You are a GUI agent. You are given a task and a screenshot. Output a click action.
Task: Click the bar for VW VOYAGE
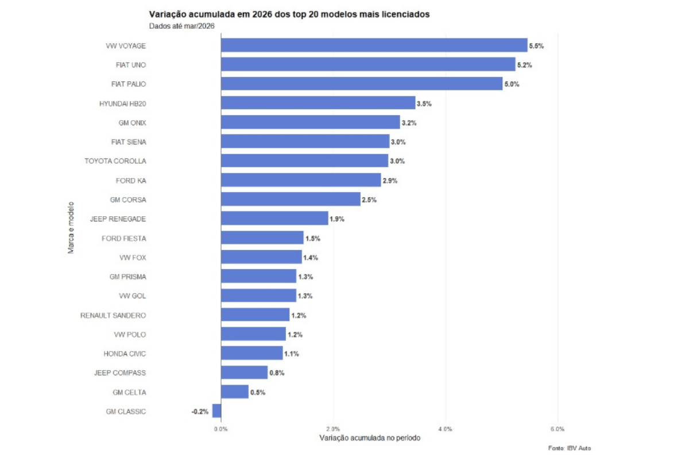pos(373,45)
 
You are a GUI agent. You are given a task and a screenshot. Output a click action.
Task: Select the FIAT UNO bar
pos(367,64)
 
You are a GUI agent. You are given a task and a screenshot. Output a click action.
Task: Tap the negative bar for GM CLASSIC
pos(216,411)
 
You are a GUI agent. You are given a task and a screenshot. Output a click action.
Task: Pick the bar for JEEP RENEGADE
pos(274,218)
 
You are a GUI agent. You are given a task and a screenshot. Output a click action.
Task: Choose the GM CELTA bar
pos(234,392)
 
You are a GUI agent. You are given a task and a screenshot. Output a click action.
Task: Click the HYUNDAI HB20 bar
pos(318,103)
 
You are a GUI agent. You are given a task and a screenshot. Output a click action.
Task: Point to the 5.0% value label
pos(512,85)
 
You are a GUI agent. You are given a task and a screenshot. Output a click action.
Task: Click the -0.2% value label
pos(200,412)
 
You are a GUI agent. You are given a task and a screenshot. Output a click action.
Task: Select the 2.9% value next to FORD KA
pos(390,181)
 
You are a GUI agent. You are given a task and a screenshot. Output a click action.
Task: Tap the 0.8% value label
pos(277,373)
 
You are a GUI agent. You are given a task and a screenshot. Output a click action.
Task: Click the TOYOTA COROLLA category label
pos(115,161)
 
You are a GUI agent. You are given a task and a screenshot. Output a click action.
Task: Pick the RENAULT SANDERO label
pos(113,315)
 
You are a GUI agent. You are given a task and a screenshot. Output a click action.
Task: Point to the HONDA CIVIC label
pos(125,354)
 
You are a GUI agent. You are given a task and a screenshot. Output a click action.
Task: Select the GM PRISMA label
pos(127,277)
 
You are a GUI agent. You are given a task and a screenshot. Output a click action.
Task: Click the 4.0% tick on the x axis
pos(445,429)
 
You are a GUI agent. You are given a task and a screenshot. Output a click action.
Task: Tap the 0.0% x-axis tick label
pos(220,429)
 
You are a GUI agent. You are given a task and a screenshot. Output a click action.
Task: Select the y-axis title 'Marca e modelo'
pos(71,227)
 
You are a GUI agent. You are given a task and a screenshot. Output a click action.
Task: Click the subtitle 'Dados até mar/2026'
pos(181,25)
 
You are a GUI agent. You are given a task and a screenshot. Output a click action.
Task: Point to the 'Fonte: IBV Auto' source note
pos(569,448)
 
